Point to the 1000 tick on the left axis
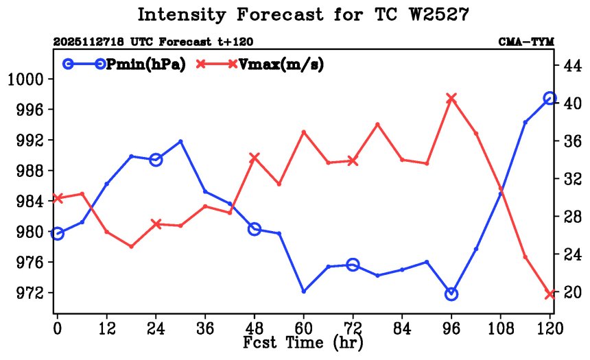point(25,79)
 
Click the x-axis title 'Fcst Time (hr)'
point(303,341)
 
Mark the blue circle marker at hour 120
point(550,99)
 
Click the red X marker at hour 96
point(451,98)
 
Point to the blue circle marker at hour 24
point(156,160)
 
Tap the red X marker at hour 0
point(58,198)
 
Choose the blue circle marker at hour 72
point(353,265)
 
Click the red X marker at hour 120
point(550,294)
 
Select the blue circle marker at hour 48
point(255,229)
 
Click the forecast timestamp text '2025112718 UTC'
point(97,42)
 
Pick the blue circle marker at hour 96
point(451,294)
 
